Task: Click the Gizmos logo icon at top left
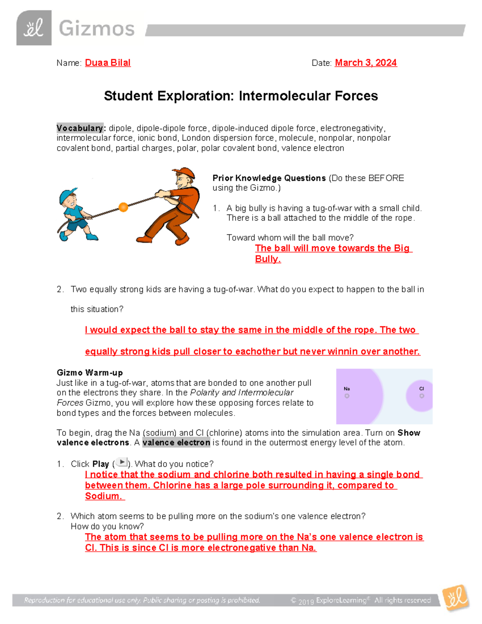(34, 28)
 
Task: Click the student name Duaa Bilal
(108, 63)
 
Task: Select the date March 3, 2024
(366, 63)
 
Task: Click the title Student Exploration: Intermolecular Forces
(241, 96)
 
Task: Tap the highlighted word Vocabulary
(80, 128)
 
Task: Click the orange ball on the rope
(123, 207)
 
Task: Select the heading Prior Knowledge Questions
(269, 178)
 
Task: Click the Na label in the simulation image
(347, 389)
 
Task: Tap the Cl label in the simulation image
(421, 389)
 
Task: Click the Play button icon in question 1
(121, 462)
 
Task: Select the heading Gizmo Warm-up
(90, 372)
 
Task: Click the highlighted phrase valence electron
(176, 442)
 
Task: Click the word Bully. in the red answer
(268, 259)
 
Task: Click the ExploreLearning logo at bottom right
(455, 598)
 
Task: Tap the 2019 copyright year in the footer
(306, 601)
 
